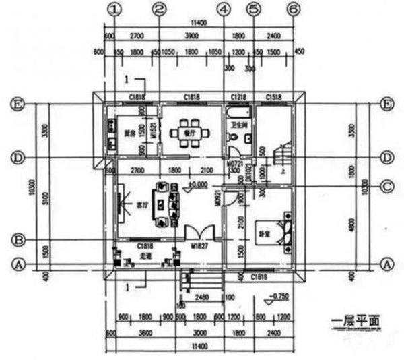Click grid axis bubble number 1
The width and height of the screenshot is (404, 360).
pos(116,9)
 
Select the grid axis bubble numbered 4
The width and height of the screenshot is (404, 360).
pos(224,9)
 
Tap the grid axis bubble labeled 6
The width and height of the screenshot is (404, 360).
pos(292,9)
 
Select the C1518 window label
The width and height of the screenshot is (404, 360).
pos(275,98)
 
